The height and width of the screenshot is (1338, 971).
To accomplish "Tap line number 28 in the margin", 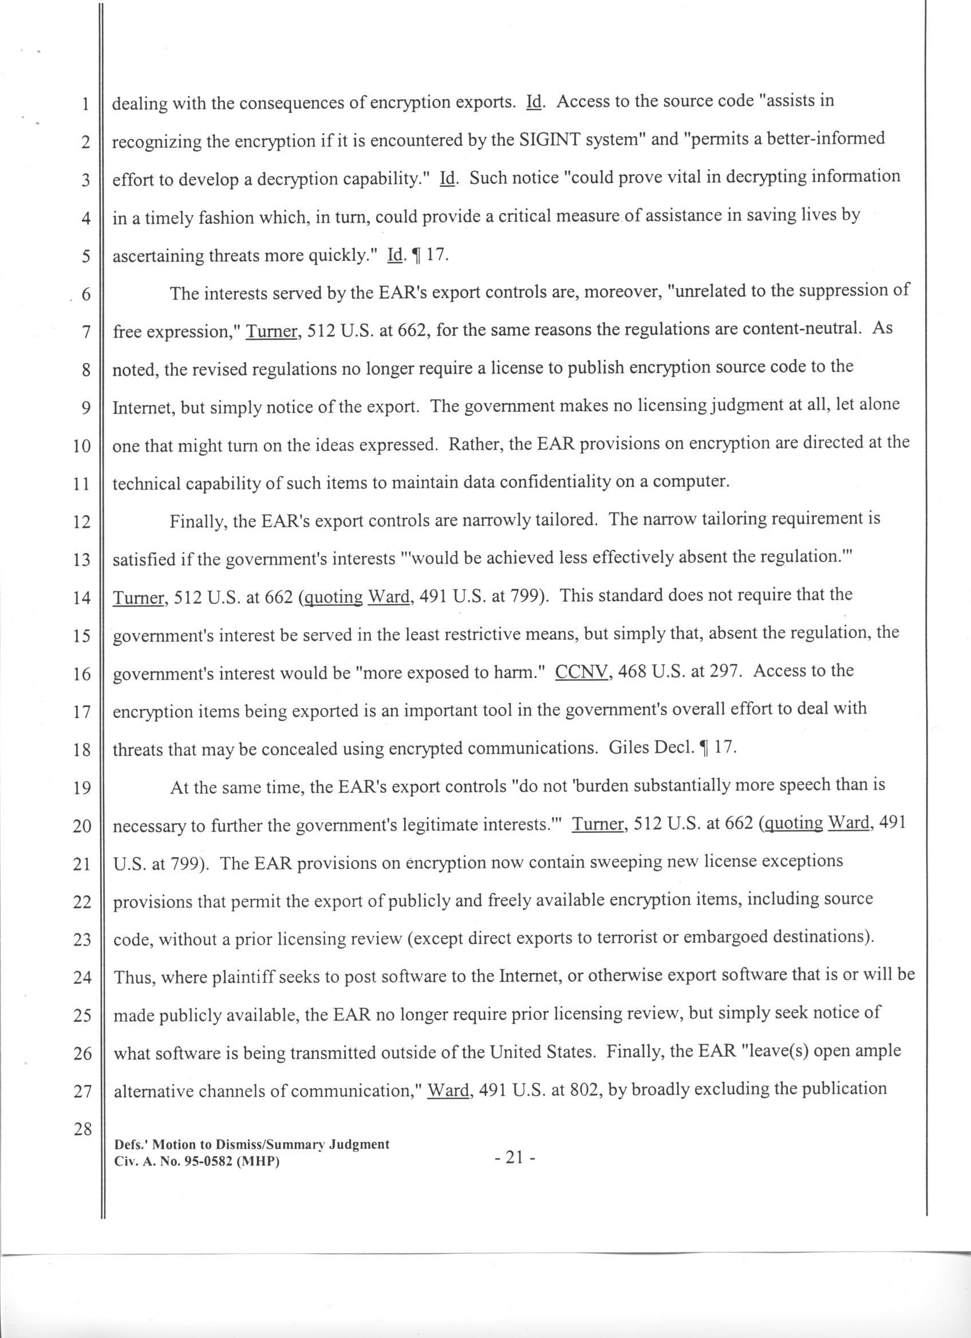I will click(82, 1129).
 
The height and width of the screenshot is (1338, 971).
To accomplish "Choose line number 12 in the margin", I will click(81, 522).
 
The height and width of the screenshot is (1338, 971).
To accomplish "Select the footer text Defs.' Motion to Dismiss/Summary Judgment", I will click(252, 1145).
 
